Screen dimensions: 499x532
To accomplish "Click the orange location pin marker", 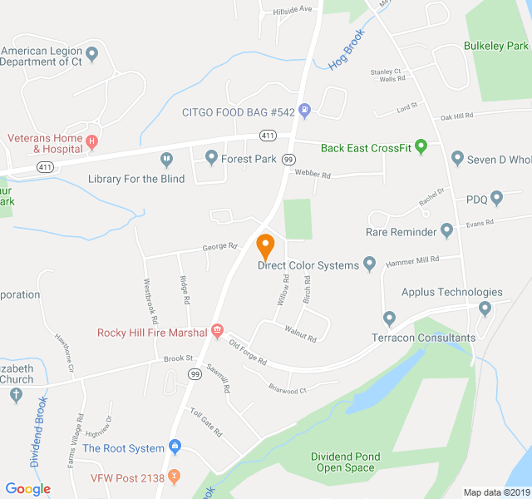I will (x=266, y=246).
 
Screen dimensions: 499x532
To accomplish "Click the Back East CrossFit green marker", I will (x=421, y=148).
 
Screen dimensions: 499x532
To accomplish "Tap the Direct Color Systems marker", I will (x=370, y=265).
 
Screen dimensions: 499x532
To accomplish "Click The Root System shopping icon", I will (x=175, y=448).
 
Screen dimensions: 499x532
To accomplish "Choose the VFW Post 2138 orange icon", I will (x=173, y=477).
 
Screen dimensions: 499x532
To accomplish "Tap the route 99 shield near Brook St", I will (x=195, y=375).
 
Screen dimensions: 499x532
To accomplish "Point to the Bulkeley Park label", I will (x=496, y=46).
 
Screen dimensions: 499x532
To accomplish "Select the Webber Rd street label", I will (x=312, y=175).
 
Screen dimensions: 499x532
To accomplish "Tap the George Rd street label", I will (x=220, y=247).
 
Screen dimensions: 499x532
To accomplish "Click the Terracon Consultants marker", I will (x=389, y=319).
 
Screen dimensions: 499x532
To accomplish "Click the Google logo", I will (x=28, y=489).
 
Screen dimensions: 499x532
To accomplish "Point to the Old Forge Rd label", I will (x=248, y=354).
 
